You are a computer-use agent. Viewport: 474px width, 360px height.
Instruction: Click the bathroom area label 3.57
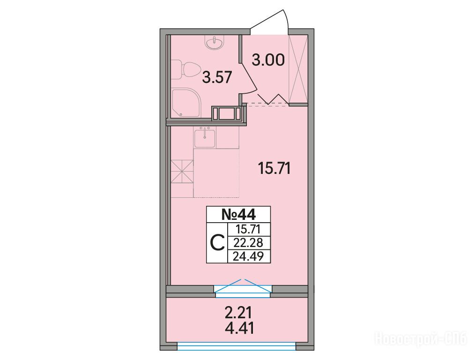tap(217, 77)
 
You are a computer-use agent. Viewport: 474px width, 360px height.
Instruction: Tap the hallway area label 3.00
tap(268, 60)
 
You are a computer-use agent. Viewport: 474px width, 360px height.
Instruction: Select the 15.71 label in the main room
tap(274, 168)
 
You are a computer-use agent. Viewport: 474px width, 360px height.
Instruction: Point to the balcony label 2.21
tap(238, 313)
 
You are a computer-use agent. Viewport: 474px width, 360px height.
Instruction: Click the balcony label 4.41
tap(239, 328)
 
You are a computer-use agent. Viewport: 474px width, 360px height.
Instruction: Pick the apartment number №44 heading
tap(238, 215)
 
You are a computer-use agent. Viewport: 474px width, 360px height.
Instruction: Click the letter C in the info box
tap(217, 243)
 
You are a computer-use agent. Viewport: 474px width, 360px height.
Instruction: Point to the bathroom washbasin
tap(215, 42)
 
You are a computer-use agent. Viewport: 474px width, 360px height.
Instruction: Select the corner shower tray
tap(186, 103)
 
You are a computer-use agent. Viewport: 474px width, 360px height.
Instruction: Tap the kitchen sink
tap(205, 138)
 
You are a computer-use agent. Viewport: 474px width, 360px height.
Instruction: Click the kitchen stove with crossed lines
tap(182, 172)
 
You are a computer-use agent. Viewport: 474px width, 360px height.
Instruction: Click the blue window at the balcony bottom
tap(237, 346)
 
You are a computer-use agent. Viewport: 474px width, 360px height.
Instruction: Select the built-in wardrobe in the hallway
tap(298, 69)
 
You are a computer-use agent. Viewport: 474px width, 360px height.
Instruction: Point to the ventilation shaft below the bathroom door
tap(229, 114)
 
